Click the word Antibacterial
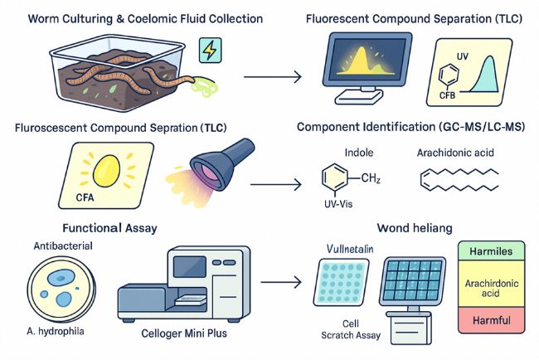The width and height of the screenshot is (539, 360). point(63,246)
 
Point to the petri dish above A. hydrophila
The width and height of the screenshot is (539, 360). point(63,290)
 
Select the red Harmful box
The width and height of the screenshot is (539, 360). point(491,319)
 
